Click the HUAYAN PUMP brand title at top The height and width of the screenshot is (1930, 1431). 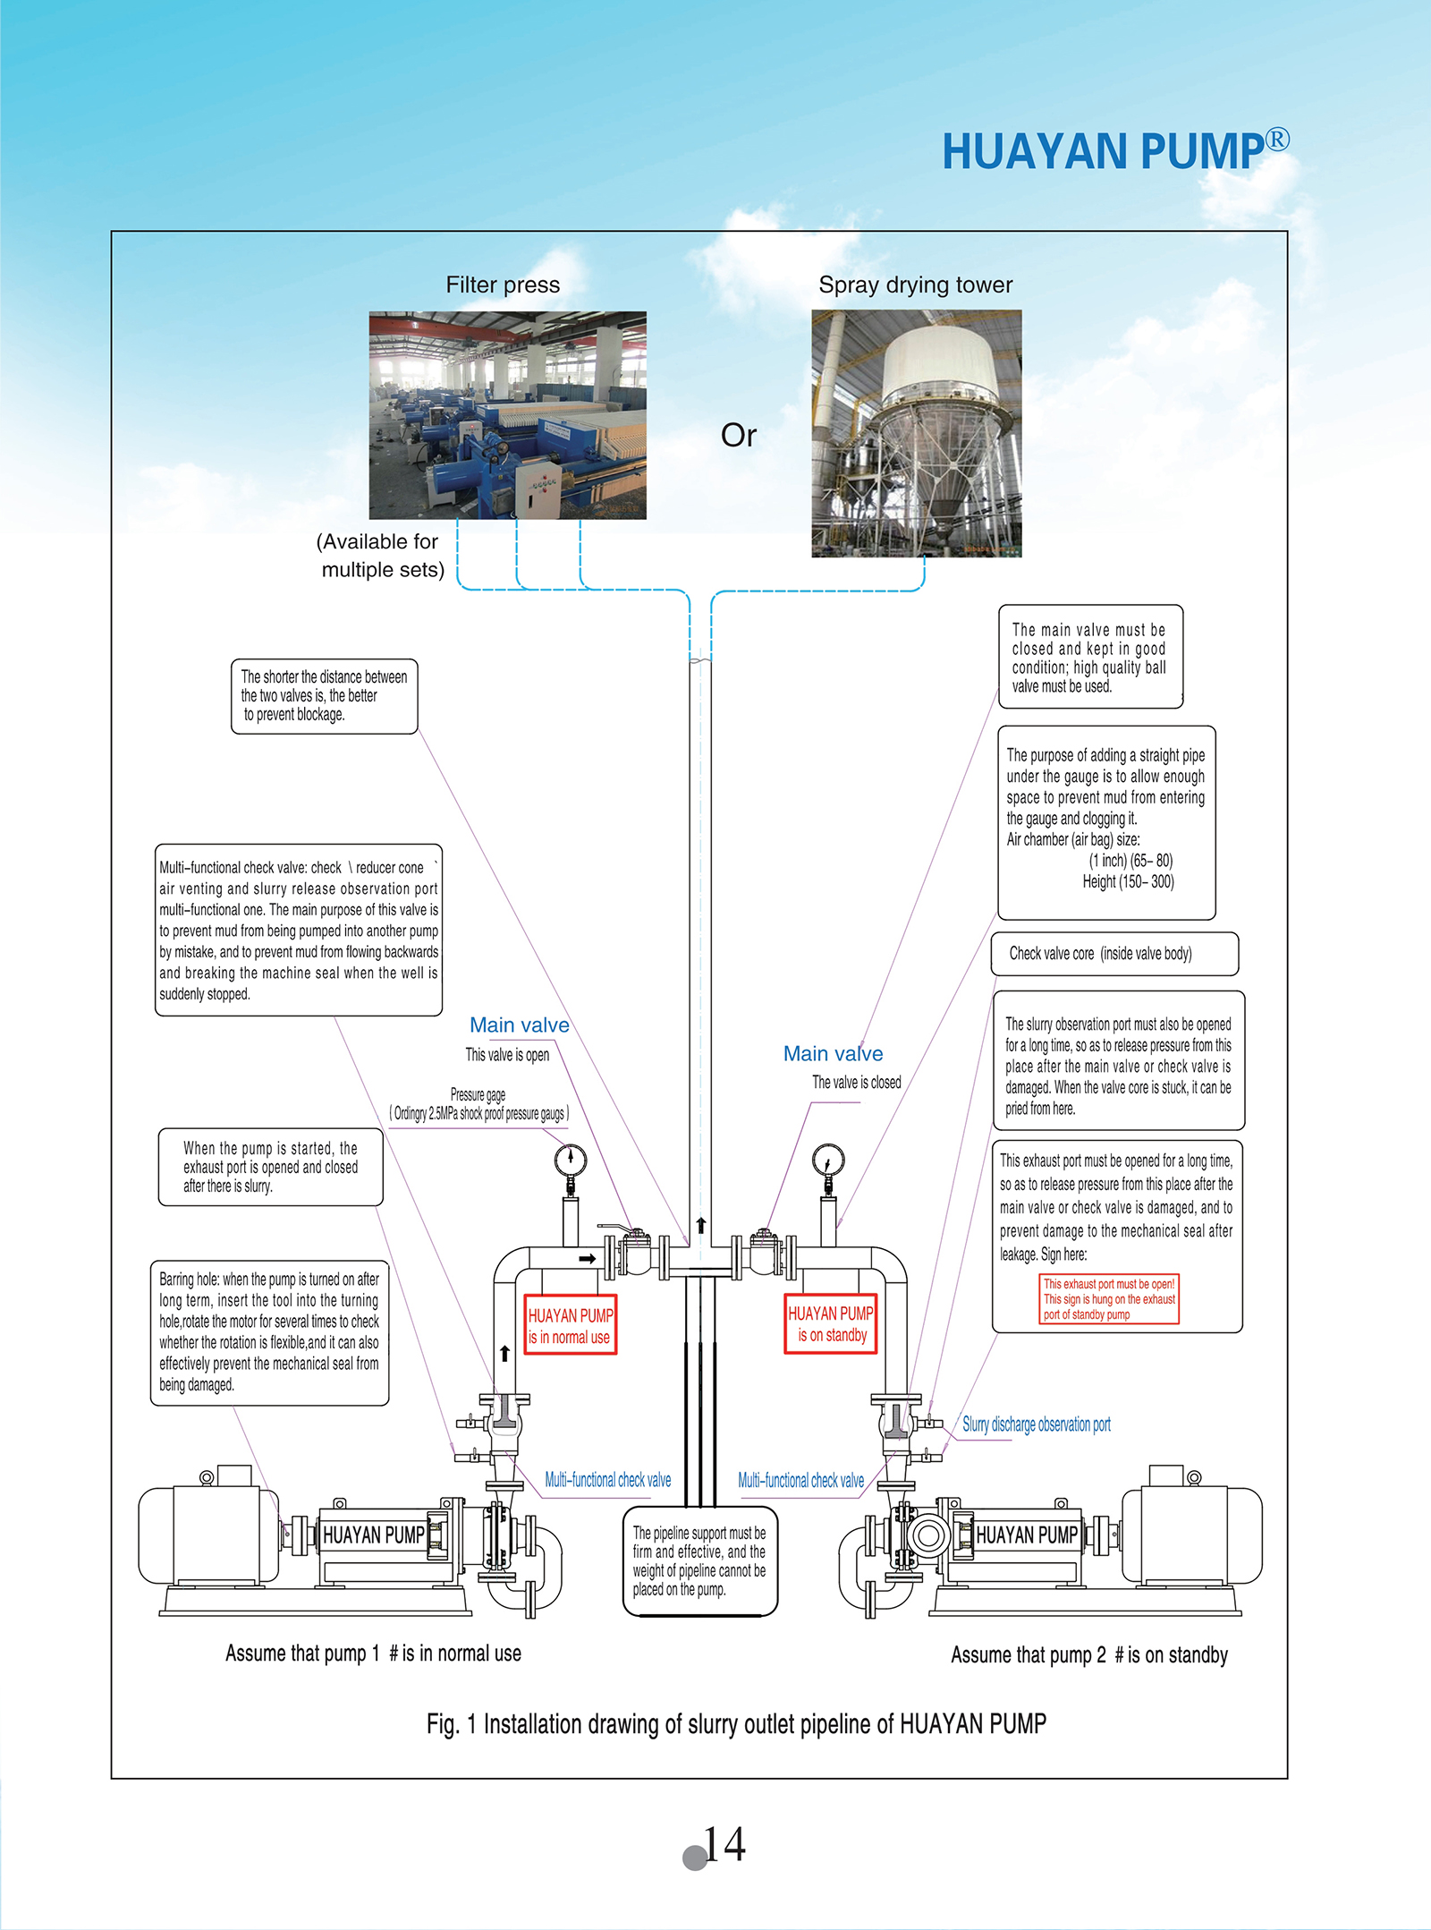coord(1115,149)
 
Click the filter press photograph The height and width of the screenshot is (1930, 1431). coord(508,415)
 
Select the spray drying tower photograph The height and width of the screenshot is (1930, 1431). coord(917,434)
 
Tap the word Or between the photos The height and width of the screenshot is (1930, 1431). coord(739,436)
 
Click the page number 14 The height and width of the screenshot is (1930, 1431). coord(724,1844)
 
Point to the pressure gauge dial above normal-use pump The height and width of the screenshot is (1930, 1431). coord(571,1160)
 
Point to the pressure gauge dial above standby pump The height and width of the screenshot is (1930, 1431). coord(829,1160)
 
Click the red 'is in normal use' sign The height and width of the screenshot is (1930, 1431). coord(571,1325)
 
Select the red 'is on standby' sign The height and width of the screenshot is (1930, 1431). coord(831,1323)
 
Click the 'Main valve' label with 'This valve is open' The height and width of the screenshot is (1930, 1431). coord(520,1025)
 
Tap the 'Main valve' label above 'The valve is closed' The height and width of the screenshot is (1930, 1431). coord(834,1054)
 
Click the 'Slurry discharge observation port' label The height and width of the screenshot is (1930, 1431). coord(1037,1424)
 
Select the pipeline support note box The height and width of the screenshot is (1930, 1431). coord(700,1561)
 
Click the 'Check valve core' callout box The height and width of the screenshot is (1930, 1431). coord(1114,954)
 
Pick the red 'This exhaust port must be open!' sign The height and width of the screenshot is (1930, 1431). coord(1110,1299)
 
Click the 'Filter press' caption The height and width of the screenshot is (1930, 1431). coord(503,285)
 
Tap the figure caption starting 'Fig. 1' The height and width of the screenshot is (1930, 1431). coord(736,1724)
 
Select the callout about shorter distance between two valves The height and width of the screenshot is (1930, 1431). coord(325,697)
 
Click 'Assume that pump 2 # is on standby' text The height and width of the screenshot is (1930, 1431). coord(1089,1655)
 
